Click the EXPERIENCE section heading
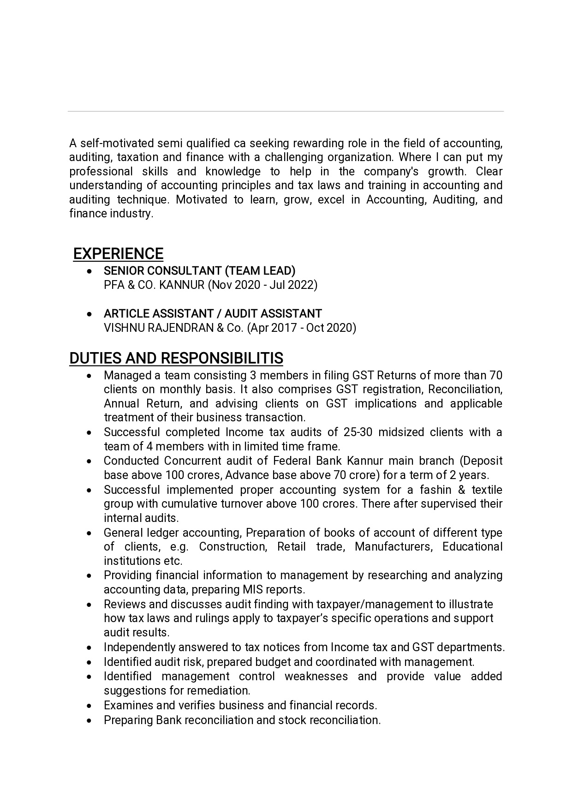(x=118, y=254)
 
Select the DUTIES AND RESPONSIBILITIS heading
(x=176, y=358)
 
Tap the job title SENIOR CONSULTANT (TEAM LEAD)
(x=199, y=270)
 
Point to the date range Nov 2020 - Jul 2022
(x=262, y=285)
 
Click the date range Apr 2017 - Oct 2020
(x=302, y=328)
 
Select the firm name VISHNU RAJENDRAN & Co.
(x=173, y=328)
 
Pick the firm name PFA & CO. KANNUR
(x=154, y=285)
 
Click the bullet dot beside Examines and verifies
(x=90, y=706)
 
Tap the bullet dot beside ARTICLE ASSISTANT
(x=90, y=314)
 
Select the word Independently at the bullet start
(x=139, y=647)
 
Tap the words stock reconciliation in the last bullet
(x=329, y=720)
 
